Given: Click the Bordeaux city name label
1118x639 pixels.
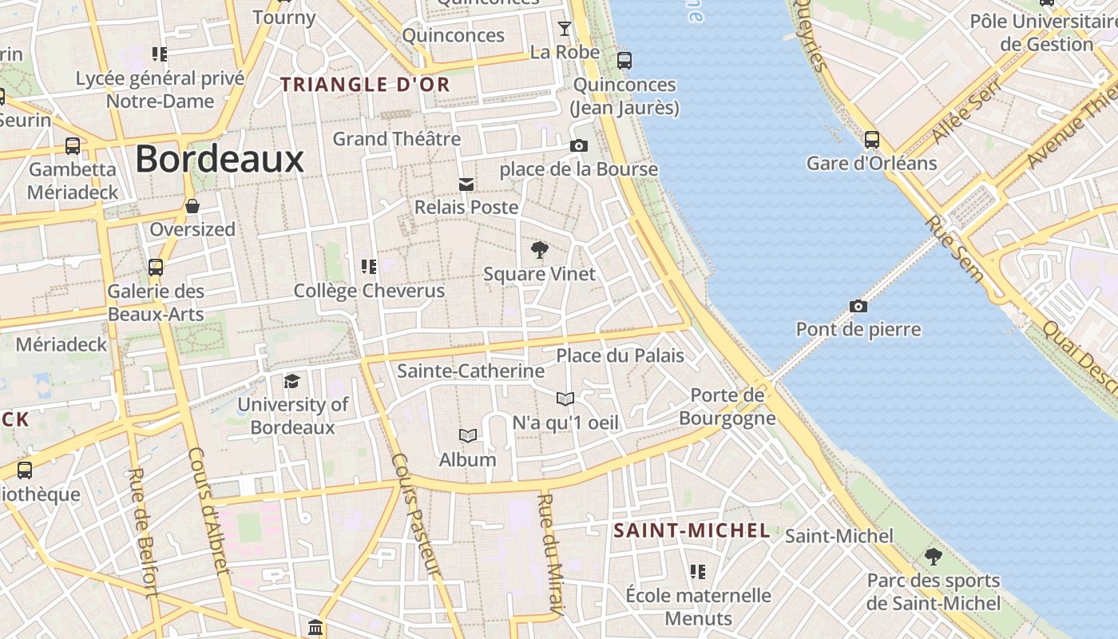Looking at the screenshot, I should pyautogui.click(x=220, y=159).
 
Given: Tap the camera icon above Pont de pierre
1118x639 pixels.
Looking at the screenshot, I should pyautogui.click(x=858, y=306).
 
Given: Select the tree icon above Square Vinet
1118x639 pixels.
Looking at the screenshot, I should pyautogui.click(x=540, y=250).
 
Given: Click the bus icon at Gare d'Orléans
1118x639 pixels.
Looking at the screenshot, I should pyautogui.click(x=872, y=140).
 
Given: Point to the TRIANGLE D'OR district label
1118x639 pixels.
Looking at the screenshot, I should pyautogui.click(x=365, y=85).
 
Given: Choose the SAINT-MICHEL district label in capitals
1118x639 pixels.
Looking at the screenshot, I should pyautogui.click(x=692, y=530).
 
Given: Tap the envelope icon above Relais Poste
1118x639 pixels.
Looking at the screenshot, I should pyautogui.click(x=466, y=185).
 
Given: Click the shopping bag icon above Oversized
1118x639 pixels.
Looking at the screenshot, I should pyautogui.click(x=192, y=206).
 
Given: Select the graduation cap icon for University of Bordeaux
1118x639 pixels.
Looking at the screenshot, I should pyautogui.click(x=291, y=381).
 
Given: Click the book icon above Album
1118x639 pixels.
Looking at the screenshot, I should pyautogui.click(x=468, y=435).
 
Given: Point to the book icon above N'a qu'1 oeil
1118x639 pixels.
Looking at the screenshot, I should pyautogui.click(x=565, y=398).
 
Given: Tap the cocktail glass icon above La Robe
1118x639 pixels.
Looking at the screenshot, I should pyautogui.click(x=565, y=29).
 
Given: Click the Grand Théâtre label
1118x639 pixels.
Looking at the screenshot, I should pyautogui.click(x=397, y=139).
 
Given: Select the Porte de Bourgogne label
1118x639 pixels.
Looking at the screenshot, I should pyautogui.click(x=727, y=407).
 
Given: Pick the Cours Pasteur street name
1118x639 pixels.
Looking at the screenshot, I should pyautogui.click(x=416, y=514).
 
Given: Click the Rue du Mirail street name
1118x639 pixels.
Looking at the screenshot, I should pyautogui.click(x=552, y=554).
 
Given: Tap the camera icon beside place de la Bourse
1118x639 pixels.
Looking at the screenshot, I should pyautogui.click(x=579, y=145).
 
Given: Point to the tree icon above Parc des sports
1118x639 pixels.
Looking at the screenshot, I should pyautogui.click(x=933, y=557).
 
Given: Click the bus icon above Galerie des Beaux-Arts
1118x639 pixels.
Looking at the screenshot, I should pyautogui.click(x=156, y=267).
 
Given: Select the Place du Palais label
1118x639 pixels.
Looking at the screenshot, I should pyautogui.click(x=620, y=355).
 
